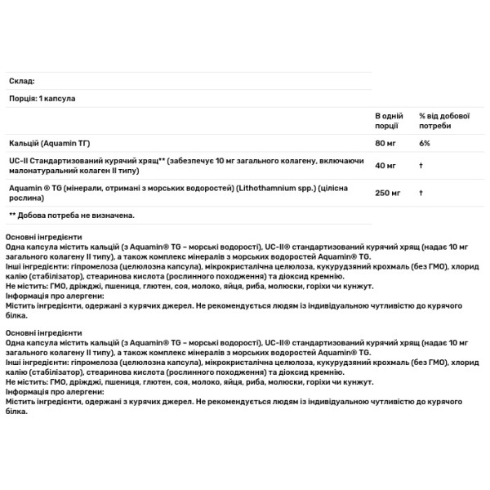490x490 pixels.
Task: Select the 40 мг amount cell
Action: point(384,167)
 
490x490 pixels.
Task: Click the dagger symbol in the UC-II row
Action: point(421,167)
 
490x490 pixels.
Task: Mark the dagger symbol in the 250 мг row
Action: point(421,193)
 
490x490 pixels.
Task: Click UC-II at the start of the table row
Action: point(18,161)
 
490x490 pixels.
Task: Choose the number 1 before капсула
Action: point(40,98)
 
